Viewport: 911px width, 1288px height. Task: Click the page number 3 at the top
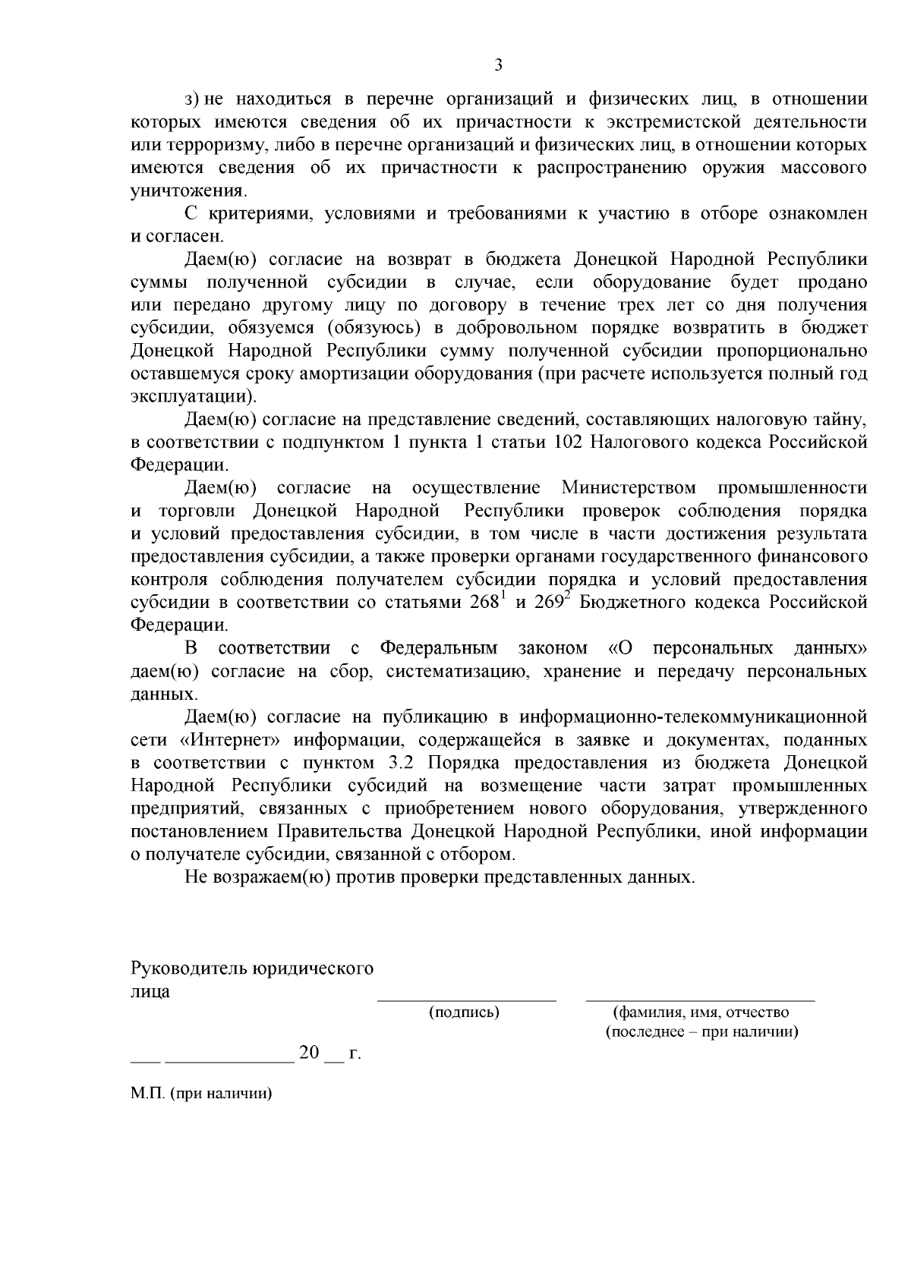(x=499, y=65)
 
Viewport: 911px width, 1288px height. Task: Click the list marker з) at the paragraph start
(x=192, y=99)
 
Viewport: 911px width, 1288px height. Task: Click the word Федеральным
(x=439, y=648)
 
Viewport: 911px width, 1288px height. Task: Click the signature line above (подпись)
(x=467, y=1000)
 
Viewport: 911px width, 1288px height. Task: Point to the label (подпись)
(x=464, y=1012)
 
